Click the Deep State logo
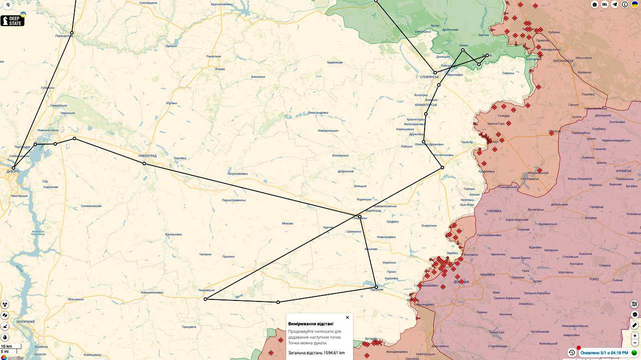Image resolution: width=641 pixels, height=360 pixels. pos(13,21)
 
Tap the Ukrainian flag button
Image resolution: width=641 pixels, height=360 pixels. pos(634,5)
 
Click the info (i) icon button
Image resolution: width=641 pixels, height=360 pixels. pos(625,5)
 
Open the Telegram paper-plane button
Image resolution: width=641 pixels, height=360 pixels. pos(615,5)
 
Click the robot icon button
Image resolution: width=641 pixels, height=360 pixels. pos(594,5)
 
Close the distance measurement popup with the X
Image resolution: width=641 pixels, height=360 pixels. pos(348,317)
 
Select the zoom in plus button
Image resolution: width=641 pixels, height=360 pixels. pos(635,335)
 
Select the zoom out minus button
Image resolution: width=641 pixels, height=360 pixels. pos(635,343)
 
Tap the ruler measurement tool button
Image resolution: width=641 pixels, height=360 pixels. pos(634,325)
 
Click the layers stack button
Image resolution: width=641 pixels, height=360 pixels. pos(634,314)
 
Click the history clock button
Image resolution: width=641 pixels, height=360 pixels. pos(571,352)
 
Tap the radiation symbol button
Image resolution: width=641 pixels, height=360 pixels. pos(5,304)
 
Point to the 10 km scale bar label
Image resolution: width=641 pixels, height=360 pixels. pos(7,346)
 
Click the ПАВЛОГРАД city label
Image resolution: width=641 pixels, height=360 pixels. pos(147,156)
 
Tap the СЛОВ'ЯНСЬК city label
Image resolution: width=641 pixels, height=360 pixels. pos(429,77)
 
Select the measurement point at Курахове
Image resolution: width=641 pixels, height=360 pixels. pos(376,287)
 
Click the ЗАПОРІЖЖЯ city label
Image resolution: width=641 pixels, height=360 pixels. pos(25,321)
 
